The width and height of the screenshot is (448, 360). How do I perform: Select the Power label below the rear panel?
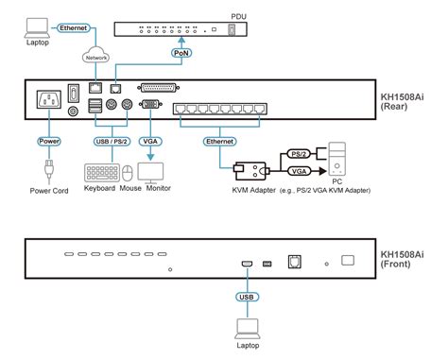[x=47, y=141]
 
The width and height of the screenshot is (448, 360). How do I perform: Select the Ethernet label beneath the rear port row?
[x=218, y=141]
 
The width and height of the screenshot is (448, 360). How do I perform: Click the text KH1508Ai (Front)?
[x=406, y=260]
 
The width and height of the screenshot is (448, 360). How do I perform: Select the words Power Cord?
[x=47, y=199]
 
